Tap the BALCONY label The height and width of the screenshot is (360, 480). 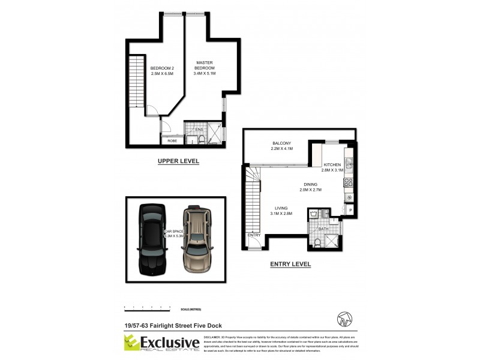pos(282,143)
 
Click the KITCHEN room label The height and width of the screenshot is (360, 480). pos(332,164)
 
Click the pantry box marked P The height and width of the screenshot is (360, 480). pos(350,209)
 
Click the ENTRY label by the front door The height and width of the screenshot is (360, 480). pos(254,235)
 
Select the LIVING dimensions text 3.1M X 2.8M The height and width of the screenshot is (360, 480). pos(281,214)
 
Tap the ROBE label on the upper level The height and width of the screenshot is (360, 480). pos(172,140)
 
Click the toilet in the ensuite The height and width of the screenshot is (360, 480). pos(203,140)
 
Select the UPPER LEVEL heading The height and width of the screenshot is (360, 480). pos(178,161)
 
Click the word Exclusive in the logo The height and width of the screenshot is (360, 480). pos(170,342)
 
